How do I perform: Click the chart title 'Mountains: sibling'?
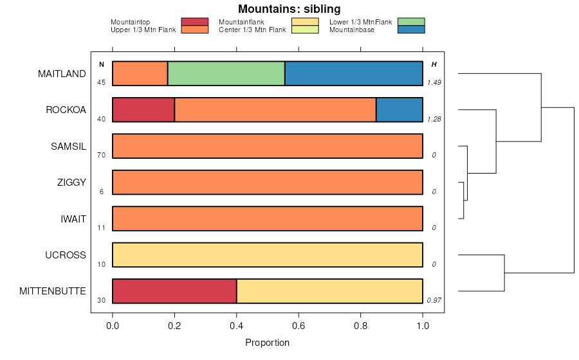pos(289,9)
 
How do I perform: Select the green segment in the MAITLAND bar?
pos(226,73)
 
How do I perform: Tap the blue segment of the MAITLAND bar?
pos(353,73)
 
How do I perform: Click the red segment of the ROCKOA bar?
pos(143,110)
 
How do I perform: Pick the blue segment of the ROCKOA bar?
pos(399,110)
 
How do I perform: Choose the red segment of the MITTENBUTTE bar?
pos(174,291)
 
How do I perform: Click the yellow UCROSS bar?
pos(268,255)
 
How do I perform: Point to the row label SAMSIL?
pos(68,146)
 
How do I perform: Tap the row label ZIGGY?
pos(71,183)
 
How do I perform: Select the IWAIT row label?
pos(73,219)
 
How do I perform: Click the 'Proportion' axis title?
pos(268,343)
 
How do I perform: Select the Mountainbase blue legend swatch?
pos(410,30)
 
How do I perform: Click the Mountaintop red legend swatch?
pos(194,22)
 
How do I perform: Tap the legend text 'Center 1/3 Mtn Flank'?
pos(252,30)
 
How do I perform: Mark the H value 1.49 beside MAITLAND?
pos(434,82)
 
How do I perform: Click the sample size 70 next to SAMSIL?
pos(101,155)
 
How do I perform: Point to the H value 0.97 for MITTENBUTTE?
pos(434,300)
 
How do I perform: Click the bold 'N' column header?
pos(101,64)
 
